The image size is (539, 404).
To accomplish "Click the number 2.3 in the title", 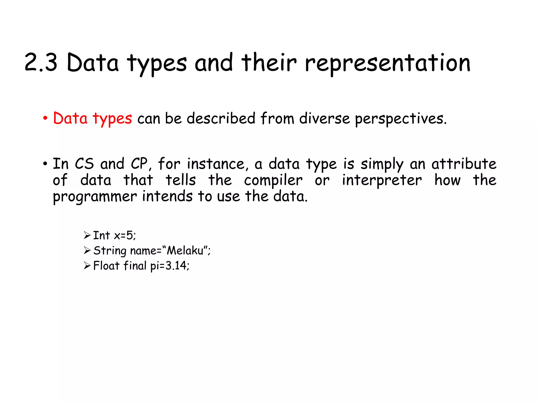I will (41, 63).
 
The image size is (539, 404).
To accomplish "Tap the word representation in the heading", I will (387, 63).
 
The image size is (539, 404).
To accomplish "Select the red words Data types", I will (92, 118).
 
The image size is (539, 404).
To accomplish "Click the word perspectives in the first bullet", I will (400, 119).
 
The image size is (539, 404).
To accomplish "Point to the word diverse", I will (325, 118).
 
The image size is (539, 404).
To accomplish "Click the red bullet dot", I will (45, 119).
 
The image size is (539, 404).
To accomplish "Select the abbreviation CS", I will (84, 164).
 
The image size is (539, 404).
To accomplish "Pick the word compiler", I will (273, 181).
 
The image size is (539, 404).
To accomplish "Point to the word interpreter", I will (382, 181).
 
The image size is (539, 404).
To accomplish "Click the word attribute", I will (464, 164).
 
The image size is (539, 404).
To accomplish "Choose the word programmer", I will (95, 197).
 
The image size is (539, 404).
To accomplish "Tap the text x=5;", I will (125, 235).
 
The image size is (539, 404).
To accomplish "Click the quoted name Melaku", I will (186, 250).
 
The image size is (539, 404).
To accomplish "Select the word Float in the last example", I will (106, 266).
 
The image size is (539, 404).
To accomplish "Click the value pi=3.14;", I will (170, 266).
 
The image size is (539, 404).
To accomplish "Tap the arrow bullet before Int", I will (87, 235).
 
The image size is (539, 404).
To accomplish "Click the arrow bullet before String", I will (87, 250).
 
